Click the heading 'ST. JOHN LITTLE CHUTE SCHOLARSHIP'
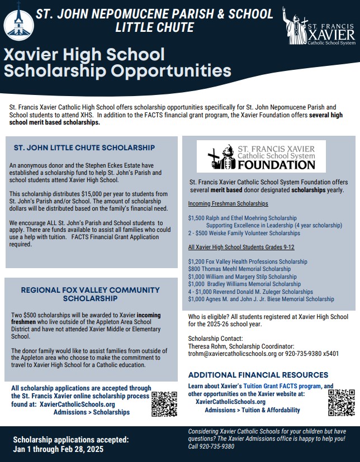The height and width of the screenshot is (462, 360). point(84,148)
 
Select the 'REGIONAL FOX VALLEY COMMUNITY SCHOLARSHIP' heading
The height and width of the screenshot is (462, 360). point(90,294)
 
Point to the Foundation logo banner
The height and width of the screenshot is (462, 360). point(261,156)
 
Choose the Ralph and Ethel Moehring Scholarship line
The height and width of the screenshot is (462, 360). point(243,218)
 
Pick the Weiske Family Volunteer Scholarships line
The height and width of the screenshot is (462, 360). point(244,233)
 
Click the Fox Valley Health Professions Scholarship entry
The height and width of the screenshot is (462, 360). point(248,261)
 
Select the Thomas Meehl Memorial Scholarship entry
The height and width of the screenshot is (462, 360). point(239,269)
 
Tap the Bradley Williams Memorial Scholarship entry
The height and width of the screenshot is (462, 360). point(244,284)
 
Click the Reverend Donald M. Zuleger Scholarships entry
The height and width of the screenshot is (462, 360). point(250,292)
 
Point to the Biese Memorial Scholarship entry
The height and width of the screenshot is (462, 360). point(261,299)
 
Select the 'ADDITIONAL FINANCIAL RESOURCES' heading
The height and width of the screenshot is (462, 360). point(258,375)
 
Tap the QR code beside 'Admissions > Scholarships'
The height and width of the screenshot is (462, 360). point(164,404)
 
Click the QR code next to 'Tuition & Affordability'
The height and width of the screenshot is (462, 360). point(341,402)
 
